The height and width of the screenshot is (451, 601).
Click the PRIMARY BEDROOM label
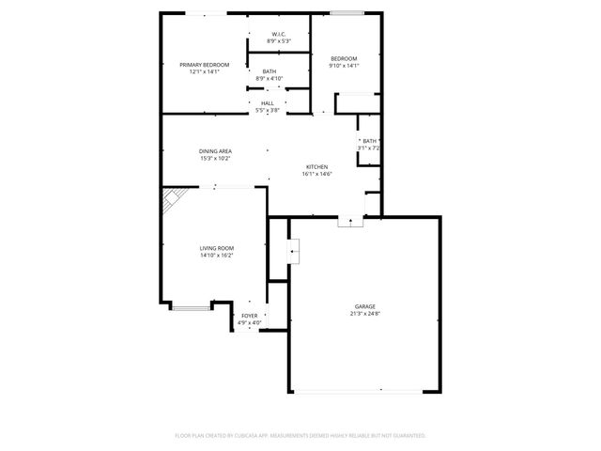(204, 65)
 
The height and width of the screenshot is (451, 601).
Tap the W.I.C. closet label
(279, 35)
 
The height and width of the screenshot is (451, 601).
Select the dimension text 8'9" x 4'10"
(270, 78)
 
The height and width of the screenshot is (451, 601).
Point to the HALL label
(268, 103)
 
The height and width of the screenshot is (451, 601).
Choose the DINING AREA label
(215, 151)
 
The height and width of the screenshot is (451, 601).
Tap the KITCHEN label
(316, 166)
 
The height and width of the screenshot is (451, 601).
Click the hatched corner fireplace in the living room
(173, 199)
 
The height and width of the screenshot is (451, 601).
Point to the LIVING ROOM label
(215, 248)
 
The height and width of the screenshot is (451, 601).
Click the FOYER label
(250, 316)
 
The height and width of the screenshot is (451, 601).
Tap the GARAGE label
(364, 306)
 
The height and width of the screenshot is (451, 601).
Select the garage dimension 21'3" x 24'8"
(364, 314)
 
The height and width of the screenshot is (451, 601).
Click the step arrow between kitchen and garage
(350, 222)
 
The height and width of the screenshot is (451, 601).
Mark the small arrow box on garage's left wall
(295, 250)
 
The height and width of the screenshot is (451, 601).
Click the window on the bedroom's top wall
(347, 13)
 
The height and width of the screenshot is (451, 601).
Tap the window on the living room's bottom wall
(192, 307)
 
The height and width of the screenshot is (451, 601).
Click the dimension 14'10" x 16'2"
(215, 256)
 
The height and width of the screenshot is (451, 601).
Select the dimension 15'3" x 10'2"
(215, 159)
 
